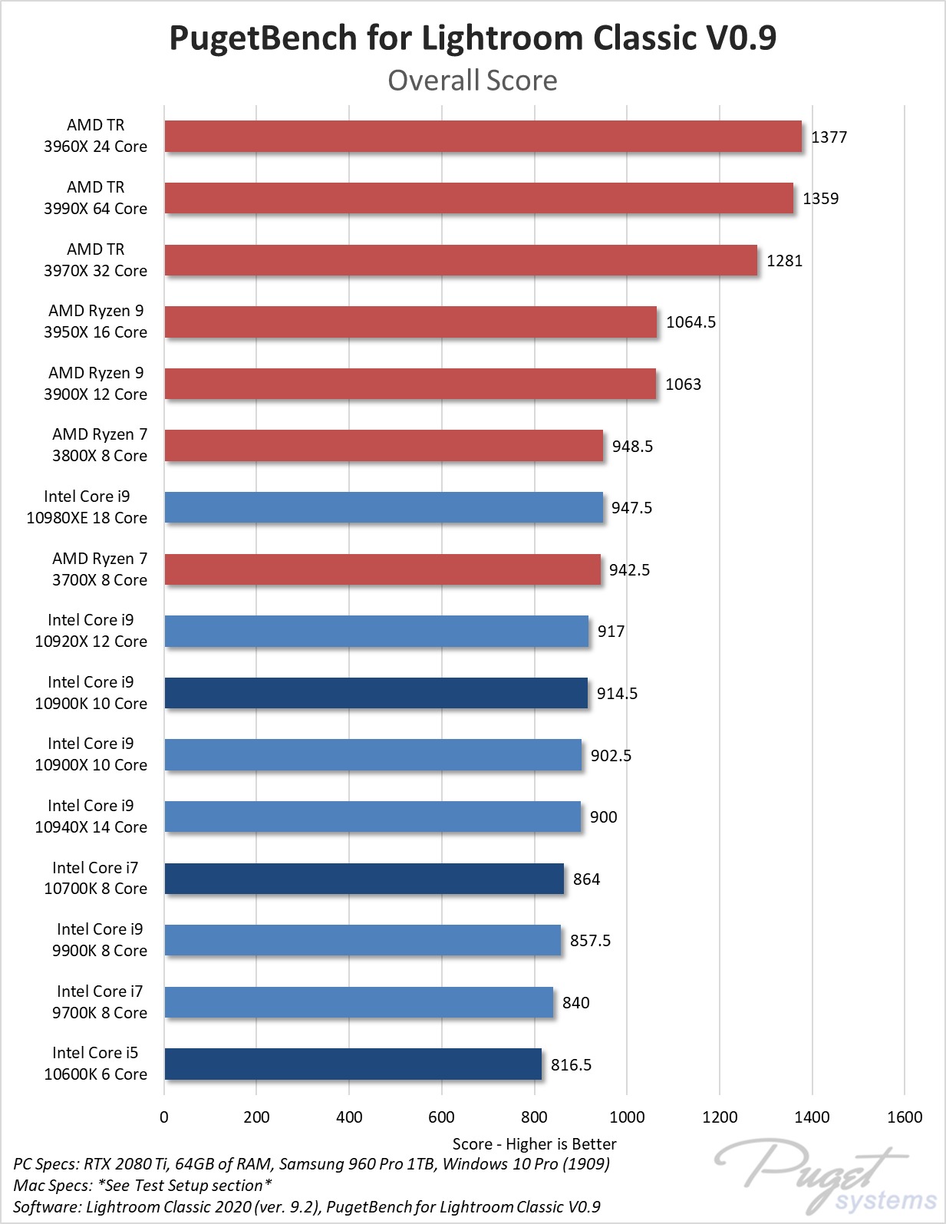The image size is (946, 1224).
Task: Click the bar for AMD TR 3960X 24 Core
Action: point(483,137)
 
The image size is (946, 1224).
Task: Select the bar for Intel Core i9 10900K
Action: point(376,693)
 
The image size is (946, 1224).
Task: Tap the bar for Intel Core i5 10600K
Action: point(353,1064)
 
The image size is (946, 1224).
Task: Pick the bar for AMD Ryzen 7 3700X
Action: point(382,569)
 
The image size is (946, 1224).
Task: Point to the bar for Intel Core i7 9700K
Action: point(359,1002)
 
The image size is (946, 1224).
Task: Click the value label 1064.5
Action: point(691,322)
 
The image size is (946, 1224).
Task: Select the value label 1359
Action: point(820,198)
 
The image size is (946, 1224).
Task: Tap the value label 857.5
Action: point(590,941)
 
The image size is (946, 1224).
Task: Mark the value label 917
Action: point(611,632)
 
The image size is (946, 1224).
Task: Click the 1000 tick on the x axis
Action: point(627,1117)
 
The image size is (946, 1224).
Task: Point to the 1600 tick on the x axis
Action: point(905,1117)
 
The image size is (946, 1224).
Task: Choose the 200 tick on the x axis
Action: point(256,1117)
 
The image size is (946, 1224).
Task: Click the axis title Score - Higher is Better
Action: point(534,1144)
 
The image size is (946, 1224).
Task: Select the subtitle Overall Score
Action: point(473,80)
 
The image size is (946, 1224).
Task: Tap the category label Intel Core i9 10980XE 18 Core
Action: point(87,507)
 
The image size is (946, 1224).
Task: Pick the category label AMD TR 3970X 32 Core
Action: point(96,259)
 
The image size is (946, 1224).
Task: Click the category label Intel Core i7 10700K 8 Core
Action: point(96,878)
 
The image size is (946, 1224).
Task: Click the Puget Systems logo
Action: point(825,1175)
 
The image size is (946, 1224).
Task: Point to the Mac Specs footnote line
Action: point(143,1185)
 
